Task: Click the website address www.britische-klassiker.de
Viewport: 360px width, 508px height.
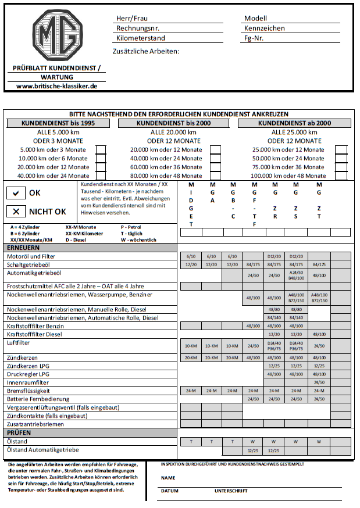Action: click(57, 85)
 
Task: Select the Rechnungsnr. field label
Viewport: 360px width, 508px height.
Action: click(138, 28)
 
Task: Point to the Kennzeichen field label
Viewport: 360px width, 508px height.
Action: click(265, 28)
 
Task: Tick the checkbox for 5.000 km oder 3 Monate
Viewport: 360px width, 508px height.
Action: click(101, 150)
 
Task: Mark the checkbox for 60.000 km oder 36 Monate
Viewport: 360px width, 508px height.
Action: click(215, 167)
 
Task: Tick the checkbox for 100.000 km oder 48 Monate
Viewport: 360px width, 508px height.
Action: click(341, 176)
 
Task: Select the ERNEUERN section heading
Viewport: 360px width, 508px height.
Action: click(23, 248)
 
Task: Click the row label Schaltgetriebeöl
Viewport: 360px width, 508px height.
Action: click(35, 264)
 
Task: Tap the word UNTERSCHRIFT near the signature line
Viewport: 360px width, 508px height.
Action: click(231, 491)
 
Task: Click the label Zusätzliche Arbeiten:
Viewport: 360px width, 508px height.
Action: click(148, 51)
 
